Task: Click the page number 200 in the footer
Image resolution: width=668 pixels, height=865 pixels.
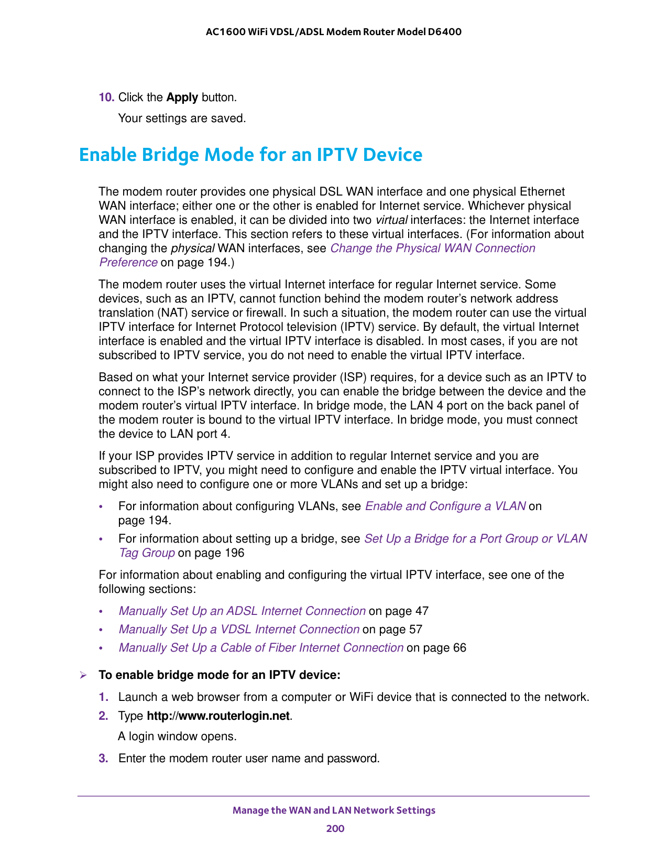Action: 335,829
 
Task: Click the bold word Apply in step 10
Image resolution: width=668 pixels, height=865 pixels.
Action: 182,98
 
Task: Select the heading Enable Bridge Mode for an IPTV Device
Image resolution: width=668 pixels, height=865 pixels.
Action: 250,155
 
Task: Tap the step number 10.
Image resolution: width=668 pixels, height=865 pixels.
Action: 106,98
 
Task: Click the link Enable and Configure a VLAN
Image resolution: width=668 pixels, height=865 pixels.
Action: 445,506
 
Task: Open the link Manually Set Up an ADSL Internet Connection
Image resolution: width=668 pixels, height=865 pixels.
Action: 242,611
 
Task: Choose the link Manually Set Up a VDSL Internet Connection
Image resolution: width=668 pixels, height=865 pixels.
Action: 238,630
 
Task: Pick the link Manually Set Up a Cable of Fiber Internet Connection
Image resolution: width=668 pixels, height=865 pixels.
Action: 260,648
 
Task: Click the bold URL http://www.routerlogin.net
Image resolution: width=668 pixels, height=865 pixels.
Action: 218,716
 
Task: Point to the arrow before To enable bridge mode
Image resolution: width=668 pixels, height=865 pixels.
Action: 83,675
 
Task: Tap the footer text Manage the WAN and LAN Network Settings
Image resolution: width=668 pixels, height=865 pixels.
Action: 334,810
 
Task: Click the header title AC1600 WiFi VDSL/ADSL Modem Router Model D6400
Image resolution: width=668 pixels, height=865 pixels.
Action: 334,32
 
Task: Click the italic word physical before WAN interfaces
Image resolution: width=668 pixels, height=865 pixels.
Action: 193,248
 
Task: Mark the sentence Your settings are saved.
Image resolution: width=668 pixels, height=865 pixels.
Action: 182,118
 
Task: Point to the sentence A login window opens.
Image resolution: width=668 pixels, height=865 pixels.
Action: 177,737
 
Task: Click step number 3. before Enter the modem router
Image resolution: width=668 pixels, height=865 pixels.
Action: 103,759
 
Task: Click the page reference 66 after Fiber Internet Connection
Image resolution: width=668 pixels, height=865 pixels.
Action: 459,648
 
